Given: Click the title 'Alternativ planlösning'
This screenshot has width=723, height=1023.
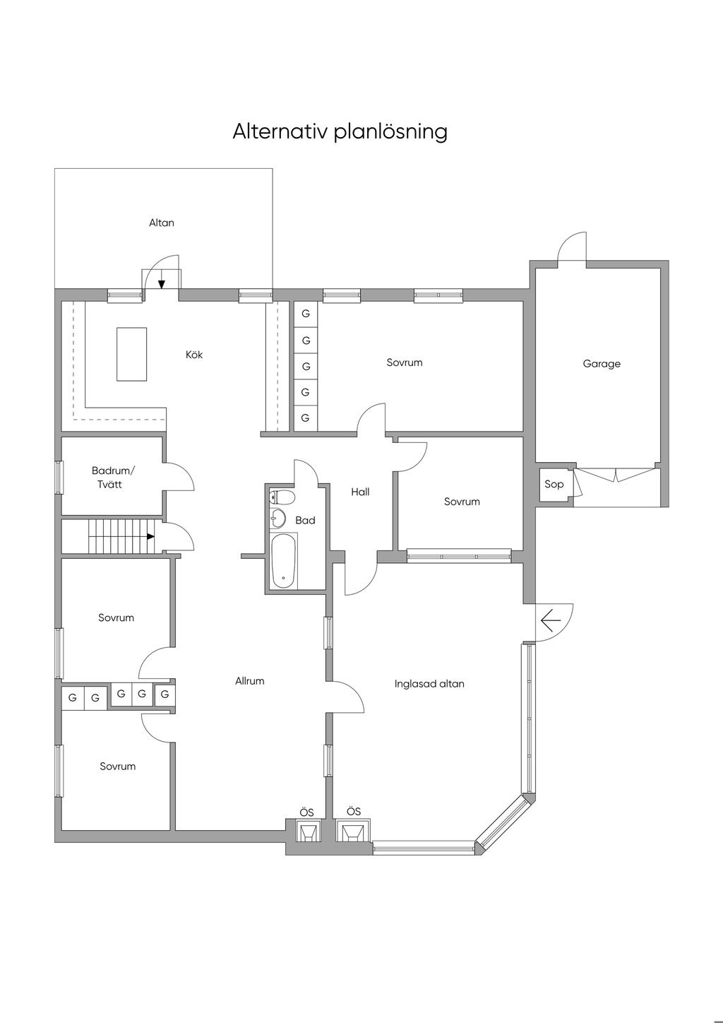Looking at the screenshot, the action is click(x=340, y=132).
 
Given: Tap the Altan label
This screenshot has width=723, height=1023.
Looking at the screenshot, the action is click(x=162, y=223).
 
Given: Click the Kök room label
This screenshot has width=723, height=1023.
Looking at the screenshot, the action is click(x=194, y=355).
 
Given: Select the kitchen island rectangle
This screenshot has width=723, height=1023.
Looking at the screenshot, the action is click(x=131, y=354).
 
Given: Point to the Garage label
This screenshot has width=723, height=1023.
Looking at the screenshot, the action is click(x=602, y=364).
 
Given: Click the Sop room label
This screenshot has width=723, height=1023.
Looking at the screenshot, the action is click(x=554, y=484).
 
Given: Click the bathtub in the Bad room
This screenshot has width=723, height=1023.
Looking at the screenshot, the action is click(x=283, y=561).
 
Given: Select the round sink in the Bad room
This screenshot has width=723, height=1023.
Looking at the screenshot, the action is click(x=277, y=519).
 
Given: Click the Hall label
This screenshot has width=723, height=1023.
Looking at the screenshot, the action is click(x=360, y=492).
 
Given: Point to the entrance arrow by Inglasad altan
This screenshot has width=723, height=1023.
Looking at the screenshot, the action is click(x=550, y=620).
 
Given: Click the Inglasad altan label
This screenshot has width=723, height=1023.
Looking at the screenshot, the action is click(x=429, y=684).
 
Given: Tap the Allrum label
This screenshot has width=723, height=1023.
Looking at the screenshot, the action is click(x=250, y=681).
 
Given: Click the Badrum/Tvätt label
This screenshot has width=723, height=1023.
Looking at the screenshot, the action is click(x=113, y=478).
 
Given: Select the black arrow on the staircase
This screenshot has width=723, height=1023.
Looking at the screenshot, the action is click(x=150, y=537).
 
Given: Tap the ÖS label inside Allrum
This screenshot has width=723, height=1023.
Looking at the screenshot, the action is click(x=306, y=813).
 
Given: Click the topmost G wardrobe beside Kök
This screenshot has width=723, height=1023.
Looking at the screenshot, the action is click(x=306, y=314).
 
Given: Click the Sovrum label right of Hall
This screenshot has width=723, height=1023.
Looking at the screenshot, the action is click(x=462, y=502).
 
